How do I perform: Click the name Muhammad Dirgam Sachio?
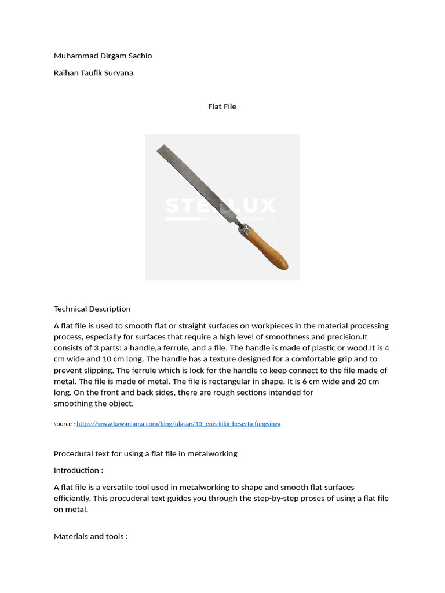[103, 56]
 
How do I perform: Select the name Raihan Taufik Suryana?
[93, 73]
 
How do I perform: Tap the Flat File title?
[222, 107]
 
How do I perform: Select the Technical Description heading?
[92, 309]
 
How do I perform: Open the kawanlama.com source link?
[178, 424]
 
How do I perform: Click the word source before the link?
[63, 424]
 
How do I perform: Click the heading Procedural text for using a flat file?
[145, 453]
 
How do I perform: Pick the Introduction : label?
[78, 470]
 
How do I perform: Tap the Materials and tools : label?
[91, 536]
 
